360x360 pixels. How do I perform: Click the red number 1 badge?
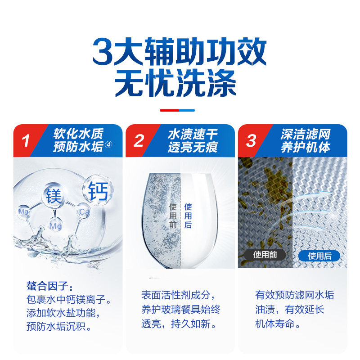(26, 141)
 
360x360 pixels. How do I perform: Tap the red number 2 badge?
(139, 141)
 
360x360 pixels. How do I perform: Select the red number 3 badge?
(251, 141)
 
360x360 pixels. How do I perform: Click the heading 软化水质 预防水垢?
(79, 140)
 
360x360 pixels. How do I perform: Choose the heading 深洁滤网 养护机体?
(306, 140)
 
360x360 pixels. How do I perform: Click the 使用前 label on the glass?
(173, 216)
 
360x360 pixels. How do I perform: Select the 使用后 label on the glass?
(188, 216)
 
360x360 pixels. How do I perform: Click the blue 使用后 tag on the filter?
(319, 256)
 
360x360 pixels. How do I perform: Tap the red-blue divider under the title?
(177, 110)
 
